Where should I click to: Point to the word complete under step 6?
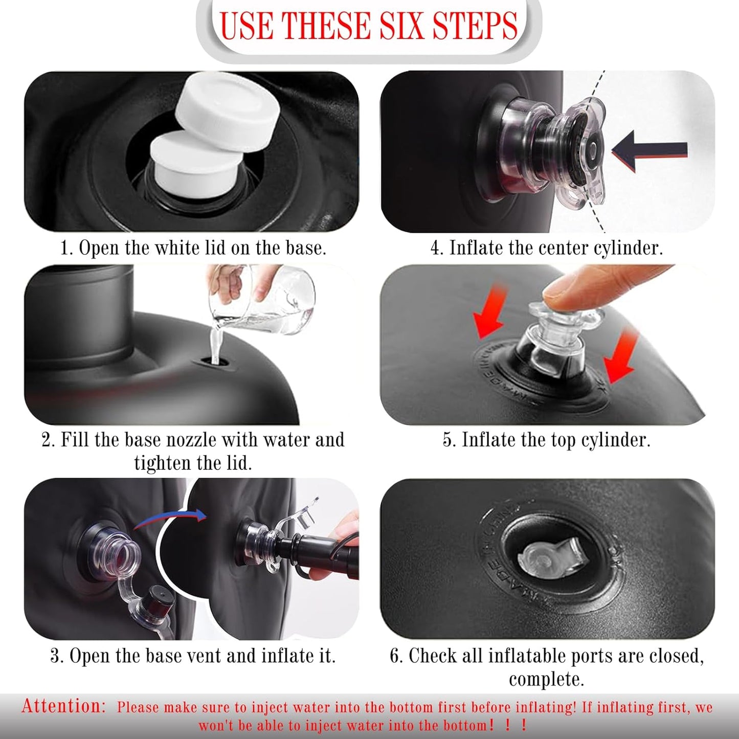coord(546,680)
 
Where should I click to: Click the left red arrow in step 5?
coord(488,311)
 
